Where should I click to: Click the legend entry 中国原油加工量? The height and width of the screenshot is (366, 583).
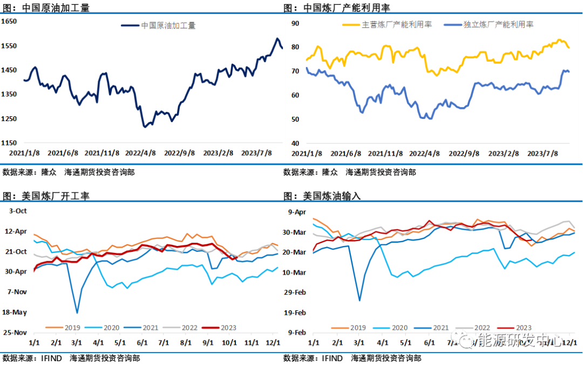click(x=168, y=25)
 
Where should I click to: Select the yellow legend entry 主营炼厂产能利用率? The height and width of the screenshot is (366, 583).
click(x=397, y=24)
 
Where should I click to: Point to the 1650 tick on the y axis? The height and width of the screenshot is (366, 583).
click(x=9, y=21)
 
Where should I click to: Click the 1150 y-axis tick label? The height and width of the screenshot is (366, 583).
click(x=9, y=143)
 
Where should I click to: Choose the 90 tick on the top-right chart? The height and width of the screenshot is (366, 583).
click(x=295, y=23)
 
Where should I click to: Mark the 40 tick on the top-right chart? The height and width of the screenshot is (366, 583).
click(x=295, y=143)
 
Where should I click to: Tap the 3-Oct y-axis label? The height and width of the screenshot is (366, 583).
click(x=18, y=211)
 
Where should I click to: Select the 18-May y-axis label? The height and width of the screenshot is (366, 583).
click(x=15, y=312)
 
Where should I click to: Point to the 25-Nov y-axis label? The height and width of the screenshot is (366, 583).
click(x=15, y=332)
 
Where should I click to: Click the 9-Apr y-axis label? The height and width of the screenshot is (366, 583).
click(x=297, y=212)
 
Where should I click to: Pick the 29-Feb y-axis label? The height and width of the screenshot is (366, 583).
click(x=295, y=292)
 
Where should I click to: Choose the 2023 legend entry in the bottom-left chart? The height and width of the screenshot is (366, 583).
click(x=228, y=328)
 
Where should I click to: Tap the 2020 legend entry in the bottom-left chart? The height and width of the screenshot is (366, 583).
click(x=111, y=328)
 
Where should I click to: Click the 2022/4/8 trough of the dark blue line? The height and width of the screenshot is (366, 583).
click(x=145, y=127)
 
